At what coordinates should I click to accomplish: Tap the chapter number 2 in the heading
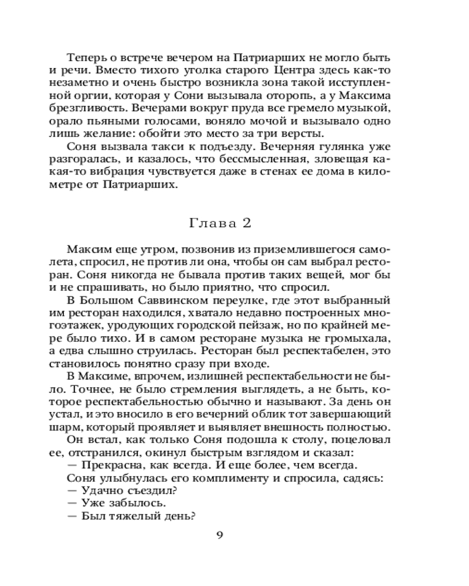pyautogui.click(x=250, y=223)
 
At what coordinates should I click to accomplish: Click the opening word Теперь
pyautogui.click(x=88, y=59)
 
